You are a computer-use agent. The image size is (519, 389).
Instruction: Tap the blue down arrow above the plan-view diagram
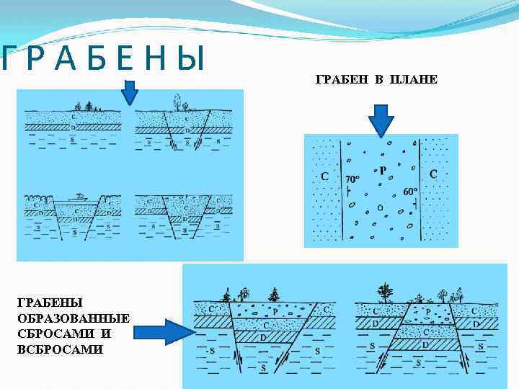[x=380, y=118]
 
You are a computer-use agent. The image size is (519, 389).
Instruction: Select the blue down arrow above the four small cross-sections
[x=129, y=92]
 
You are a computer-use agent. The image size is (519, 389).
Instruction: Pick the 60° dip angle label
[x=411, y=192]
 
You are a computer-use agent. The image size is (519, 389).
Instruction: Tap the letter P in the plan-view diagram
[x=382, y=171]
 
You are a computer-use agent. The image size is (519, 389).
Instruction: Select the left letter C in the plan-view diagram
[x=324, y=175]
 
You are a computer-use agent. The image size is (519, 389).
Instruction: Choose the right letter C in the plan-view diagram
[x=433, y=174]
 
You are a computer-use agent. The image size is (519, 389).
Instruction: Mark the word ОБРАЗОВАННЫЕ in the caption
[x=73, y=318]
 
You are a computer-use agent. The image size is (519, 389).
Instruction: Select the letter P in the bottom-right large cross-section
[x=427, y=312]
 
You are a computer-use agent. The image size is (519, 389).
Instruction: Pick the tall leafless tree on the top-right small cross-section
[x=175, y=102]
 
